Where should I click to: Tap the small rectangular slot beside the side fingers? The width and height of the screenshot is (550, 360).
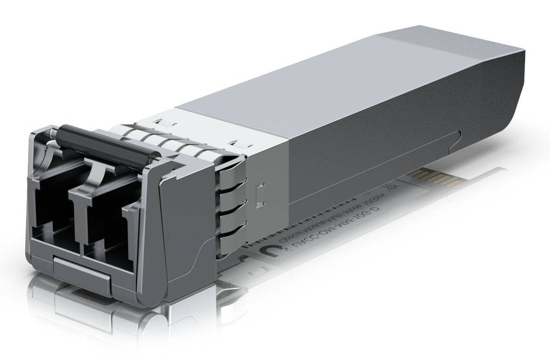point(261,192)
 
